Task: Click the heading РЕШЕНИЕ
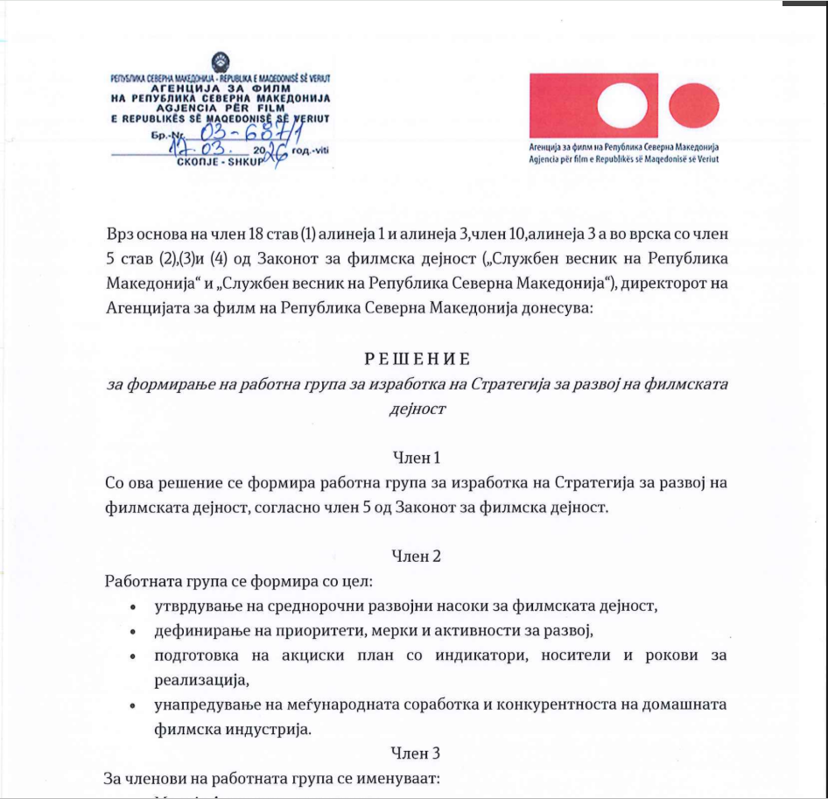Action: coord(418,360)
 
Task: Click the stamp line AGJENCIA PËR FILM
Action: coord(219,107)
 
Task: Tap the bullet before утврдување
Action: coord(132,606)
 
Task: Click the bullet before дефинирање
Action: coord(132,631)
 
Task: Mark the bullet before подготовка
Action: coord(132,655)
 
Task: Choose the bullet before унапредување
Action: coord(132,704)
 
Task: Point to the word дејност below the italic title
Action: coord(418,408)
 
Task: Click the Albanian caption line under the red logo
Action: coord(624,160)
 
